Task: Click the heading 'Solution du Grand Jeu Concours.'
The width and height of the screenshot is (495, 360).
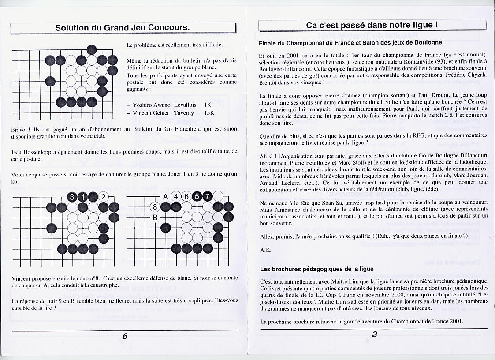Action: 123,27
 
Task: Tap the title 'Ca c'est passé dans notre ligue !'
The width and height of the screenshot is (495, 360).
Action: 372,25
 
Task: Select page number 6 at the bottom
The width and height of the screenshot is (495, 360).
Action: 125,336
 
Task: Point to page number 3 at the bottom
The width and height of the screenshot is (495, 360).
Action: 374,334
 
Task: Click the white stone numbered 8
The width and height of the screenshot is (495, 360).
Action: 155,206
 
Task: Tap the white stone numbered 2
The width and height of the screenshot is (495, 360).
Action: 103,197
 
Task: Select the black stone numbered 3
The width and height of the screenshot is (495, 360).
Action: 72,197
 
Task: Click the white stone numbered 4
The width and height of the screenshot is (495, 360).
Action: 176,197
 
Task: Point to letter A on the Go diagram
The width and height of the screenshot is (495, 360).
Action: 166,197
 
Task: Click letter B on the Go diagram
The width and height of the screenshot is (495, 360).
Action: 155,217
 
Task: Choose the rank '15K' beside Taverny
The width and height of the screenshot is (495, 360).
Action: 209,113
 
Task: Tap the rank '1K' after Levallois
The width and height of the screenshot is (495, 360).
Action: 208,105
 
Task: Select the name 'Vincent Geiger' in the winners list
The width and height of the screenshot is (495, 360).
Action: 151,113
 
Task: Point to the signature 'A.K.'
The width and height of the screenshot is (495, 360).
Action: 265,250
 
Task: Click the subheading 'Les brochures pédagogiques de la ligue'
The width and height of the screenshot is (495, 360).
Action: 316,269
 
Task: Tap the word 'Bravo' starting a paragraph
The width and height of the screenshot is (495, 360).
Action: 20,129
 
